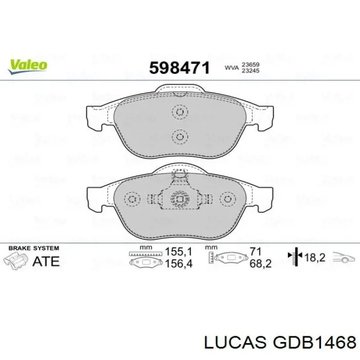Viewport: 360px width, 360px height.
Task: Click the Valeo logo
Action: point(28,66)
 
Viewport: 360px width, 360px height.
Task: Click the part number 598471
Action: point(179,68)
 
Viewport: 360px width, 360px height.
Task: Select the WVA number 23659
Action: point(250,64)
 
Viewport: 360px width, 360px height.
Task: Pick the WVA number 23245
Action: point(250,70)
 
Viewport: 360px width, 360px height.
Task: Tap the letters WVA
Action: point(231,68)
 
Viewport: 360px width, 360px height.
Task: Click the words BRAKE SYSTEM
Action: point(34,248)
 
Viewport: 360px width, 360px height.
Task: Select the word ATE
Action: point(46,261)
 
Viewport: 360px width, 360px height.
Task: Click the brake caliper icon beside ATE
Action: point(15,260)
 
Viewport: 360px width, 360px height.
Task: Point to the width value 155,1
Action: point(178,251)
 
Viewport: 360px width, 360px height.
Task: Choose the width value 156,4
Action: point(178,263)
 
